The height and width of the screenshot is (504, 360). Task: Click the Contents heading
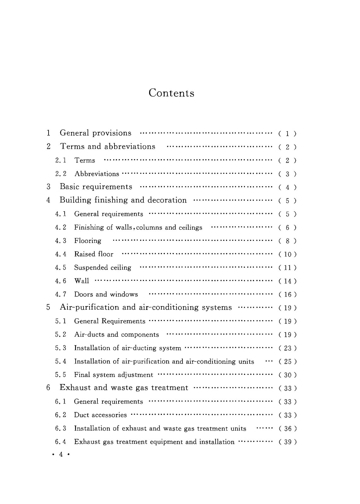coord(171,93)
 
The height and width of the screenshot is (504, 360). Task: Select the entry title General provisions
coord(96,133)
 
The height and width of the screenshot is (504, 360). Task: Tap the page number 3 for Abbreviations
coord(287,174)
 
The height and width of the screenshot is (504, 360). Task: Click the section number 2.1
coord(61,160)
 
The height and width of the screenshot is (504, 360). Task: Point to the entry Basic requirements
coord(96,187)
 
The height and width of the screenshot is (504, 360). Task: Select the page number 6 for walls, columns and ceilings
coord(287,227)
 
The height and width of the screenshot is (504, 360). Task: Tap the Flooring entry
coord(88,241)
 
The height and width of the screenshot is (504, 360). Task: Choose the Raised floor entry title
coord(94,254)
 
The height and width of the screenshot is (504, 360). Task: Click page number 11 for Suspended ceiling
coord(287,268)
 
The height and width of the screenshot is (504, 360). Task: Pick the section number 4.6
coord(61,281)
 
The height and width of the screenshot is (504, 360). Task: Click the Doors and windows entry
coord(106,295)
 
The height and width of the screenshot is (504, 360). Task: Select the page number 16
coord(287,295)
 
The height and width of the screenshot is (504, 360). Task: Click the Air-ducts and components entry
coord(116,335)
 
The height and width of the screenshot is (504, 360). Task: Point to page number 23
coord(287,348)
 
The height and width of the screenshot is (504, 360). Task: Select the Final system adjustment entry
coord(113,375)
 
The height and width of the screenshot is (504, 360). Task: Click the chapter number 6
coord(48,388)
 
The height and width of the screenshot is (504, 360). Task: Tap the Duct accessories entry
coord(100,415)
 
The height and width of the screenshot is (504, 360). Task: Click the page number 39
coord(287,442)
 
